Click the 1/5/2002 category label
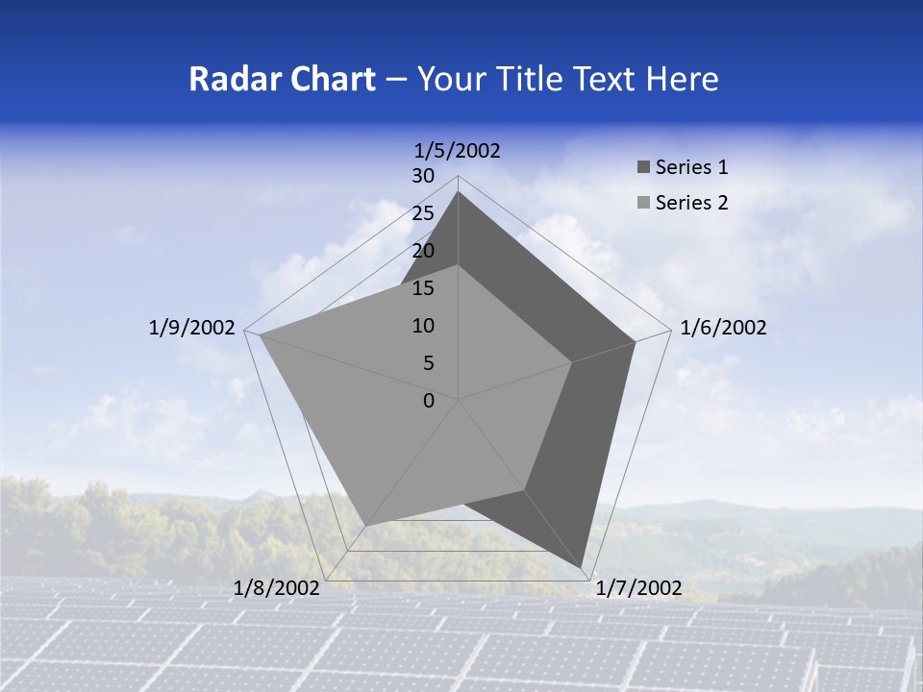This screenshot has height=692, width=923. [x=458, y=150]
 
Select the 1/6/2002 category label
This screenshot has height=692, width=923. [x=723, y=328]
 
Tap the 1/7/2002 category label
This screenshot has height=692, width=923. [x=638, y=588]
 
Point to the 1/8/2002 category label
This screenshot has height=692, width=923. [x=277, y=588]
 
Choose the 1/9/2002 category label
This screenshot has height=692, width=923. [x=192, y=328]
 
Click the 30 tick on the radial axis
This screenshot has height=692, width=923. [x=423, y=176]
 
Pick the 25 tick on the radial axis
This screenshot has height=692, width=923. [x=423, y=213]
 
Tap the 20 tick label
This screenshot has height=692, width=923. [x=423, y=251]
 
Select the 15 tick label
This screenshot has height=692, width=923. [x=423, y=288]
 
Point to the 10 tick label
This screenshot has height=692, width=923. [x=423, y=326]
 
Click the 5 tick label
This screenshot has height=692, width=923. [x=428, y=363]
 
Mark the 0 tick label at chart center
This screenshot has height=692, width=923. [x=429, y=401]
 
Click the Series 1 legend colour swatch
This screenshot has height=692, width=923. [x=643, y=168]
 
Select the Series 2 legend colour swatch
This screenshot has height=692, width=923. [x=643, y=203]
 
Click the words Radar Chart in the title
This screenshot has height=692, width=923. [x=282, y=79]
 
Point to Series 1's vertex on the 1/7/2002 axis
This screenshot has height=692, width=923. [x=582, y=568]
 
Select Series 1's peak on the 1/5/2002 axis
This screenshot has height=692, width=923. [x=458, y=191]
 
